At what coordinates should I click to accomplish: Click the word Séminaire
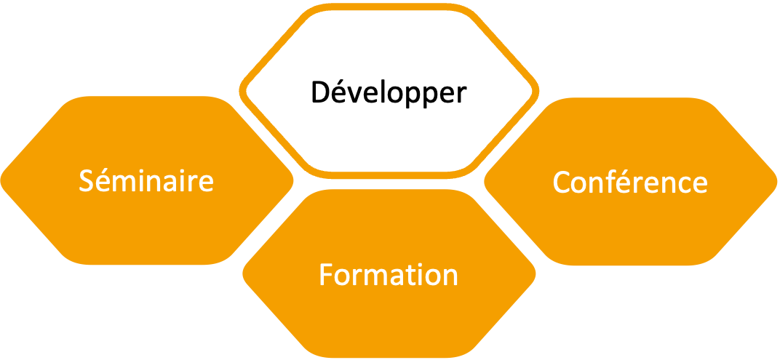tap(146, 180)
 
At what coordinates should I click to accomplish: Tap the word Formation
tap(389, 275)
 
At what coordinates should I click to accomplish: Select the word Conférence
tap(630, 182)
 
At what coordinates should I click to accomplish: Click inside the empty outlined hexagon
tap(389, 90)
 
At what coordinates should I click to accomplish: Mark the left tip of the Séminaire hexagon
tap(2, 180)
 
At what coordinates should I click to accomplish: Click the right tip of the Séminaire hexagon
tap(292, 180)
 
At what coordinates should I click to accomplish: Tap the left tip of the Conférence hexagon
tap(485, 180)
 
